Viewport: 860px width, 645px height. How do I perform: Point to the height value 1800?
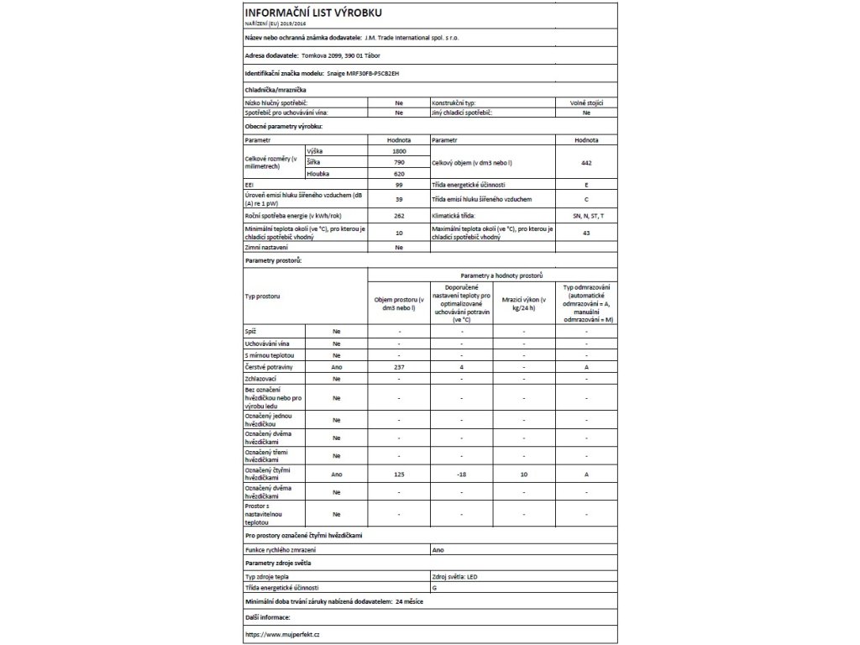pos(398,149)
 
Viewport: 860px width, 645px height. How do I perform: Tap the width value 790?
pos(398,161)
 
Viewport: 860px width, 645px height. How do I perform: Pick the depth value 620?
pos(398,173)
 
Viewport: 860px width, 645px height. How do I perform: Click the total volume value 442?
pos(586,161)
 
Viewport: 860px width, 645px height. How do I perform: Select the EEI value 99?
pos(398,184)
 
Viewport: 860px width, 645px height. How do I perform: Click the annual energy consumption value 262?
pos(398,217)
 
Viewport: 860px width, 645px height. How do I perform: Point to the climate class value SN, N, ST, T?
pos(586,217)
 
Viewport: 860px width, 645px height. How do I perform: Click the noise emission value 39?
pos(398,200)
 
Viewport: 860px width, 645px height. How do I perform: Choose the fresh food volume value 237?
pos(399,367)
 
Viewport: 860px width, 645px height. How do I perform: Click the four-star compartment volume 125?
pos(399,475)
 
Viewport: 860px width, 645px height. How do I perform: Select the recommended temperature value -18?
pos(461,475)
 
